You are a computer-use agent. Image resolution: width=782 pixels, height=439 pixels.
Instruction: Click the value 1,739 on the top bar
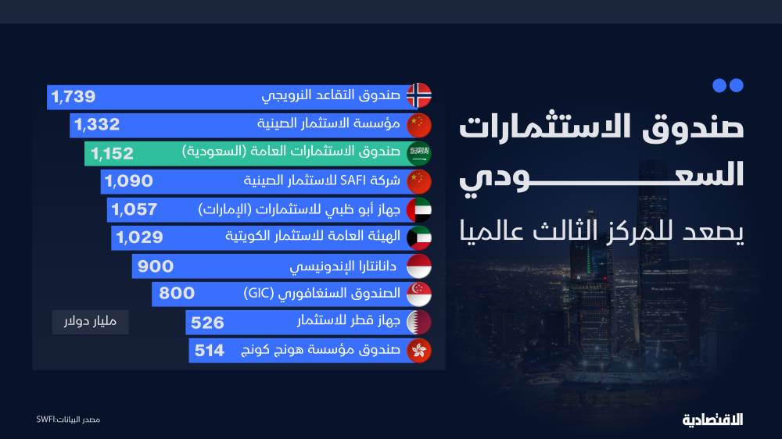coord(74,97)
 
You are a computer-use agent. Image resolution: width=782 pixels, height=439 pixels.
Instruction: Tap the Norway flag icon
coord(419,95)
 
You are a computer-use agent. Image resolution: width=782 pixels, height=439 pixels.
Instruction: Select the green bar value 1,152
coord(112,154)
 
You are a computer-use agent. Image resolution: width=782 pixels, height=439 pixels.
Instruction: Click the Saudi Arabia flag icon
coord(419,153)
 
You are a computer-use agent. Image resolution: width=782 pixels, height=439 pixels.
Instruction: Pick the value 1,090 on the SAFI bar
coord(128,182)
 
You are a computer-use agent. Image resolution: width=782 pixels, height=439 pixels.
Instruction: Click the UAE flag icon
coord(419,210)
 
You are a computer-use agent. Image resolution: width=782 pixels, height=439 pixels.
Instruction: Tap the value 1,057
coord(135,209)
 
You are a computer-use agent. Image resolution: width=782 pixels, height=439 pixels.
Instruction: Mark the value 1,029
coord(140,237)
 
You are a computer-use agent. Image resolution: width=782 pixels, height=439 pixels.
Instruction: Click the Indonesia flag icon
coord(419,266)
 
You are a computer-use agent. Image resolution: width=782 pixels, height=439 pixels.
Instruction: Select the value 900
coord(156,266)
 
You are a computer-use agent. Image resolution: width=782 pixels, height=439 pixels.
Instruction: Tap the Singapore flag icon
coord(419,294)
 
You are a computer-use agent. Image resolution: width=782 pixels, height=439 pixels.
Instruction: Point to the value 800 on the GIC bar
coord(177,294)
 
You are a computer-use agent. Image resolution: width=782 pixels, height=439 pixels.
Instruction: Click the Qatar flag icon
coord(419,323)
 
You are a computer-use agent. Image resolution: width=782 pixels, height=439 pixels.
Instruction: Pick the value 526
coord(207,323)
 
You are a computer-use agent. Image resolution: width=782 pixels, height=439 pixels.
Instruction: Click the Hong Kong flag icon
coord(419,351)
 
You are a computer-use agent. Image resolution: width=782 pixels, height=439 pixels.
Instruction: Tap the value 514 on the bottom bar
coord(210,351)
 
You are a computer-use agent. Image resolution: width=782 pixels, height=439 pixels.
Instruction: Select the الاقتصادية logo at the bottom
coord(712,420)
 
